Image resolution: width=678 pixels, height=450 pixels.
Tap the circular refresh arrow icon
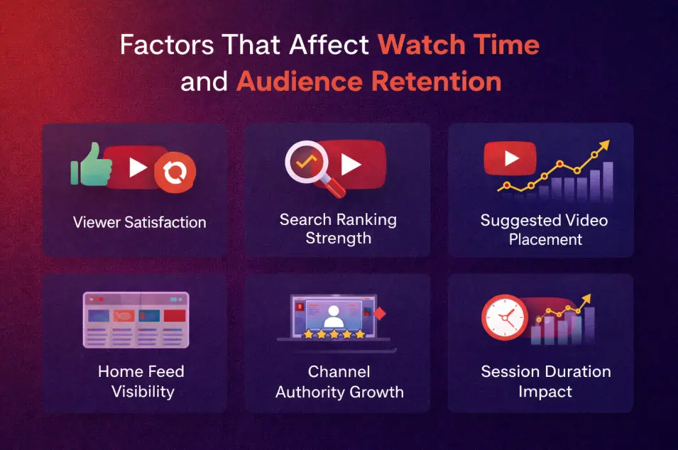pos(175,172)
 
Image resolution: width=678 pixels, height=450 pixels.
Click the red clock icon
pos(504,317)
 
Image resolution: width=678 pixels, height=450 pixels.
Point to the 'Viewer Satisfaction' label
pos(139,222)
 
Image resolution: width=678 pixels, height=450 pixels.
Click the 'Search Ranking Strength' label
pos(337,229)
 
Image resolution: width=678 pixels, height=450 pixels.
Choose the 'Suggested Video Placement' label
pos(544,229)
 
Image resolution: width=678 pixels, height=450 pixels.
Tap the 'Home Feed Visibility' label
pos(142,381)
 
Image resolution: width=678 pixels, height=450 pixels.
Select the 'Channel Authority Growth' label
pos(339,381)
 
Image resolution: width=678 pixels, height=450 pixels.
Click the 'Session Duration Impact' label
pos(545,381)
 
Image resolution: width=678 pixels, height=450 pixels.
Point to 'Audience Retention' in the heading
pos(368,82)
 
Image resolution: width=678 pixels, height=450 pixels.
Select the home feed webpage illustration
pos(136,319)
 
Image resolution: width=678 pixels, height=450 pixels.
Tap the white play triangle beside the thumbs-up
pos(137,168)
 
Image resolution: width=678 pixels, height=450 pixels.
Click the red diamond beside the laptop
pos(379,312)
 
